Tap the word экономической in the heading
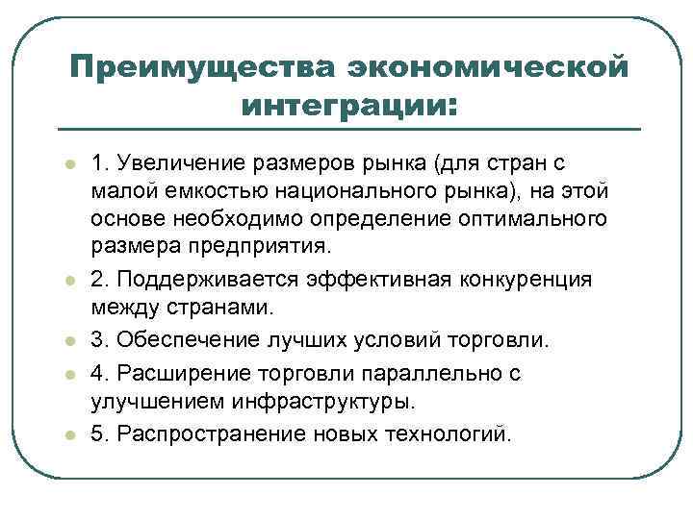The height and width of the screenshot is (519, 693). click(488, 67)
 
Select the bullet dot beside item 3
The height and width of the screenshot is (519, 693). click(69, 342)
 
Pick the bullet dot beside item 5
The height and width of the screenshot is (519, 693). click(69, 433)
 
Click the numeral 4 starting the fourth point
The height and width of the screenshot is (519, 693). click(97, 371)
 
